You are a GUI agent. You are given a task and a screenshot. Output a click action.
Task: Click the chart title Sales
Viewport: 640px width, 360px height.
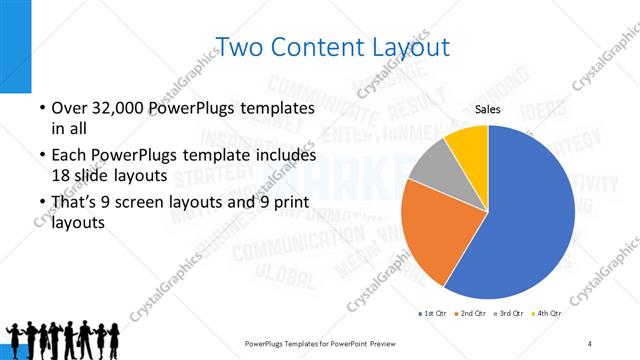pyautogui.click(x=487, y=110)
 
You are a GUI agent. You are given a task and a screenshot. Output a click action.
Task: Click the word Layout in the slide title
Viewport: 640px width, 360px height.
pyautogui.click(x=407, y=46)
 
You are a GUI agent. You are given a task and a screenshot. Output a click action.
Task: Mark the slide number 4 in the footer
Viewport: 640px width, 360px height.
pyautogui.click(x=589, y=343)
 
